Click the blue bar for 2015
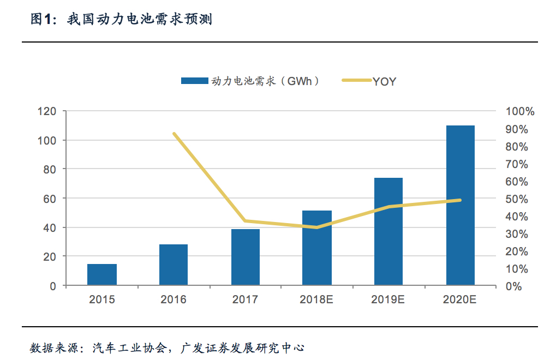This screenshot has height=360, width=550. (x=102, y=274)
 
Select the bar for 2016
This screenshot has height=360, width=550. (x=174, y=265)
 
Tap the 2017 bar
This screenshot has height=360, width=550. (x=246, y=257)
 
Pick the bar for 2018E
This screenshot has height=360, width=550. (x=317, y=248)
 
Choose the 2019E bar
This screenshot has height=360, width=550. (x=388, y=231)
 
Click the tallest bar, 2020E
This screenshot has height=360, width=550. (x=460, y=205)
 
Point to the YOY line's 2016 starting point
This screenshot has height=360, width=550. (x=174, y=134)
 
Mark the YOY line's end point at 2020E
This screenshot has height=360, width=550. (x=460, y=200)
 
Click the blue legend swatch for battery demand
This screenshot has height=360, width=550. (x=195, y=81)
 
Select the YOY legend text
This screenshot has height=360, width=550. (x=384, y=82)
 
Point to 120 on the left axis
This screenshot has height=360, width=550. (x=47, y=111)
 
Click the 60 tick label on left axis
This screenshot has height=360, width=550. (x=50, y=199)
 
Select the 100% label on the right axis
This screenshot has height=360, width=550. (x=520, y=111)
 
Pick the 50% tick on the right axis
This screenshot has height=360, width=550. (x=517, y=199)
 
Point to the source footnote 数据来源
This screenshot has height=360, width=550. (x=166, y=347)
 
